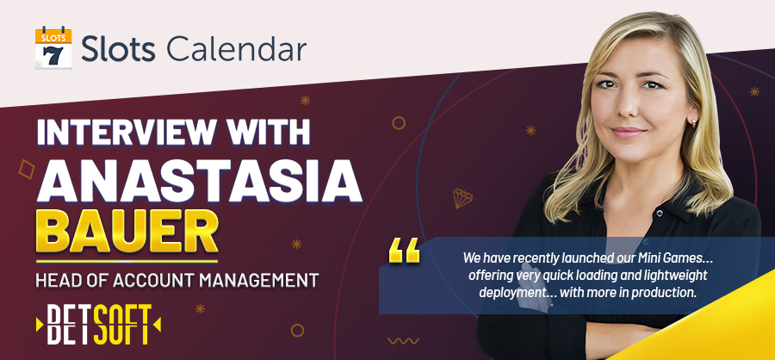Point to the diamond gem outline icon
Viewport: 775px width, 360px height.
pyautogui.click(x=462, y=198)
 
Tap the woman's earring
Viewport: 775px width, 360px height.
pyautogui.click(x=695, y=123)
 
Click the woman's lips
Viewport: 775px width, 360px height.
pyautogui.click(x=629, y=133)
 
